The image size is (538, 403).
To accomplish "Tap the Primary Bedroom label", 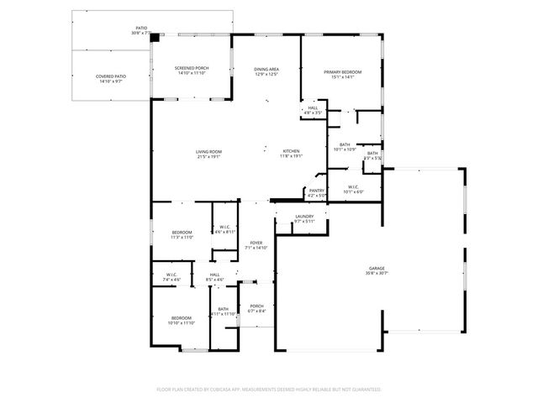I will tap(342, 72).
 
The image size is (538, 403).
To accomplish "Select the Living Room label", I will tap(208, 151).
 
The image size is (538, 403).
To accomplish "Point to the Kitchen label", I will tap(291, 151).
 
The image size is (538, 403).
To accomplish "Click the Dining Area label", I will tap(266, 69).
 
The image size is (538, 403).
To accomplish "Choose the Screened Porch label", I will tap(192, 68).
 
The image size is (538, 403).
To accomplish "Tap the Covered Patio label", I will tap(111, 76).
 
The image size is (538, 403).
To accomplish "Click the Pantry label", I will tap(316, 191).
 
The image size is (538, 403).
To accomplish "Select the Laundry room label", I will tap(304, 217).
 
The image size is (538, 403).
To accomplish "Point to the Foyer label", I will tap(256, 243).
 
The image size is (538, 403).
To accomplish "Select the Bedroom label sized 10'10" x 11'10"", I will tap(181, 317).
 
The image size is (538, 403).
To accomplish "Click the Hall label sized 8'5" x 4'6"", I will tap(214, 275).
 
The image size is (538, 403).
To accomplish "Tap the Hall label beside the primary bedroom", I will tap(313, 107).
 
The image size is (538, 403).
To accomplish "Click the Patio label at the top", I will tap(140, 29).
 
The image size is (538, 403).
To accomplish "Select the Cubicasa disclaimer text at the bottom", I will tap(269, 390).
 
